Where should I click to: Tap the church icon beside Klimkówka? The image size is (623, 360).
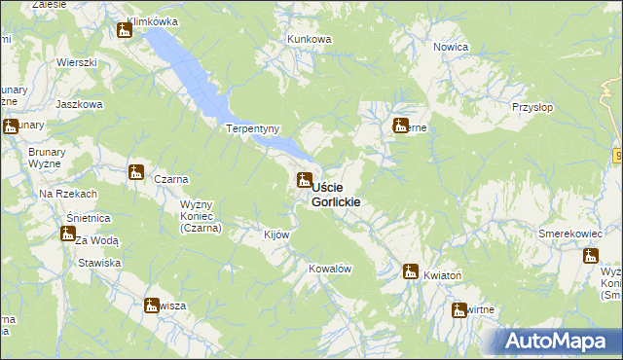[124, 31]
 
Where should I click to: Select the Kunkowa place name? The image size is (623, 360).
[309, 39]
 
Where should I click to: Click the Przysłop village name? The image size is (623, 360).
[532, 109]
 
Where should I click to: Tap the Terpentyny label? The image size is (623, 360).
[253, 128]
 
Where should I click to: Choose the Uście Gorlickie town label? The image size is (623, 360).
[336, 194]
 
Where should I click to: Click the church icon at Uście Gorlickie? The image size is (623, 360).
[304, 180]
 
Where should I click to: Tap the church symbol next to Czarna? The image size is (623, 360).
[136, 173]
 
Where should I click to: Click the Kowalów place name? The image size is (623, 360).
[329, 268]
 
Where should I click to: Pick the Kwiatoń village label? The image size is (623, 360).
[442, 276]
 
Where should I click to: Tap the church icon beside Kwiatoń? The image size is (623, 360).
[411, 271]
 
